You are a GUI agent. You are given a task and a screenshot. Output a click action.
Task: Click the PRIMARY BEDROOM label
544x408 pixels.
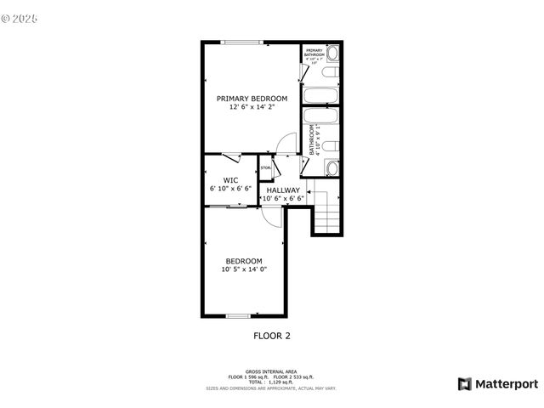(251, 99)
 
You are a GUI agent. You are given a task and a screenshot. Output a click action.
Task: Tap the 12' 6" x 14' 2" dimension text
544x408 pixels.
(251, 108)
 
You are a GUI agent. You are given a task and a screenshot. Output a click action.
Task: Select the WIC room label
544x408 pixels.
(230, 179)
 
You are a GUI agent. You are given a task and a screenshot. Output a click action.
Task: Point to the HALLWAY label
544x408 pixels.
(283, 190)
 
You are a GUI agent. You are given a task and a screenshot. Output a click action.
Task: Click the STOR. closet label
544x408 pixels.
(265, 168)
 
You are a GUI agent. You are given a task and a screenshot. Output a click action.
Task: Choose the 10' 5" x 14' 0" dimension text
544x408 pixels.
(244, 269)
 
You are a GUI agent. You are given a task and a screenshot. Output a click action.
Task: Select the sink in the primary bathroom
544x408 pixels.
(332, 54)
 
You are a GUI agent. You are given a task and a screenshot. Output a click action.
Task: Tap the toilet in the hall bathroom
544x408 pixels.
(332, 145)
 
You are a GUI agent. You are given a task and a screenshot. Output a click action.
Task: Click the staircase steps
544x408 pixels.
(327, 212)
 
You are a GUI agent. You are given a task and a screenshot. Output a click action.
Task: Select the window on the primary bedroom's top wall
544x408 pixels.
(240, 42)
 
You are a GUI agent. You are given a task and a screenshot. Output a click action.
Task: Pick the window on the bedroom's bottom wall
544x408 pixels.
(239, 316)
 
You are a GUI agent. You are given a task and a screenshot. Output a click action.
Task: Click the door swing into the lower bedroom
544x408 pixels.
(273, 217)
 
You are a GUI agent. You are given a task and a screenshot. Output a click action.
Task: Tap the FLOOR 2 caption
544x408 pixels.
(272, 336)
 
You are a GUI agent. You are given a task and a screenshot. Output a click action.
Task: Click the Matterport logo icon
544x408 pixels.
(464, 383)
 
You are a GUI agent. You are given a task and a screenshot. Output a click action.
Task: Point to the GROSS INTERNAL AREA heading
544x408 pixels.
(271, 371)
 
